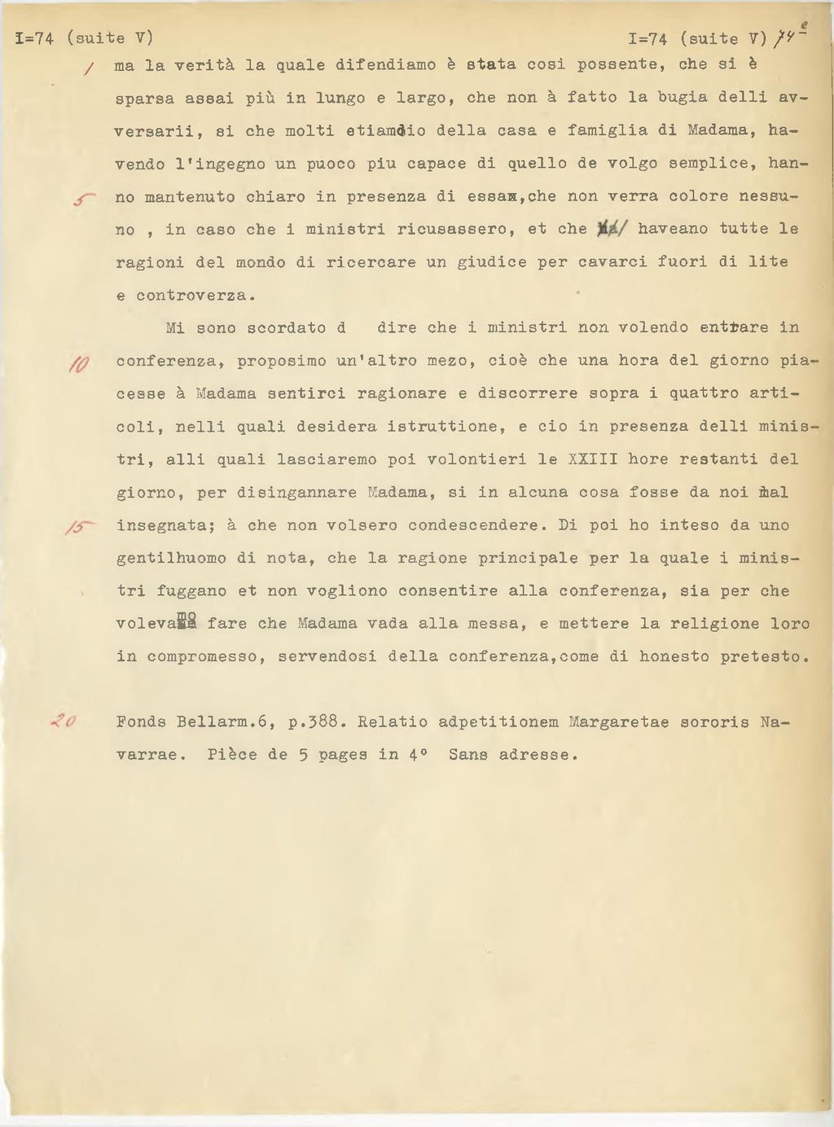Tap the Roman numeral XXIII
click(592, 459)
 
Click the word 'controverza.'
click(186, 296)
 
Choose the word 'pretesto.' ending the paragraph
click(764, 656)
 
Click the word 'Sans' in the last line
click(468, 755)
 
